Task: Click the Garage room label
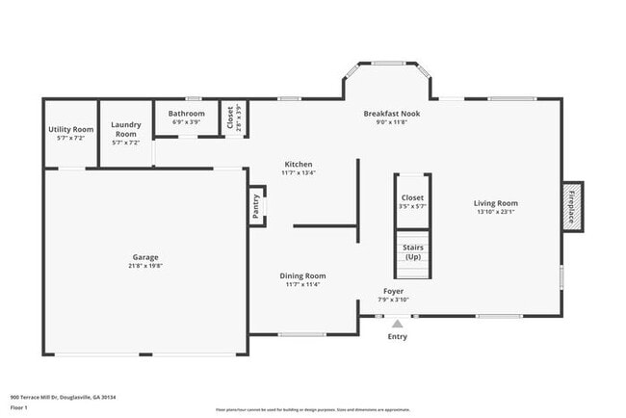click(145, 257)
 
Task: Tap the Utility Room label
click(71, 129)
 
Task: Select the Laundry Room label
click(126, 129)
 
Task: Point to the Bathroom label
click(188, 114)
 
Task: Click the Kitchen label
click(298, 165)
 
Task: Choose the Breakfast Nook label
click(391, 114)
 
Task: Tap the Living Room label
click(496, 203)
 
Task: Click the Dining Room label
click(302, 275)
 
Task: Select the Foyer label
click(393, 291)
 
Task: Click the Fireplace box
click(571, 207)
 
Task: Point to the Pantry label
click(256, 206)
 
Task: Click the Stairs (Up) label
click(412, 253)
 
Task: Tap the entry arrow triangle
click(397, 325)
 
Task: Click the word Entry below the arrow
click(397, 337)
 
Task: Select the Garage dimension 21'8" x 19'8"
click(145, 266)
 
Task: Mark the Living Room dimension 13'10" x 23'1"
click(496, 212)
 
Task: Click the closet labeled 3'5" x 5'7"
click(412, 201)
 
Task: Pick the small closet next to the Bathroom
click(231, 118)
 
